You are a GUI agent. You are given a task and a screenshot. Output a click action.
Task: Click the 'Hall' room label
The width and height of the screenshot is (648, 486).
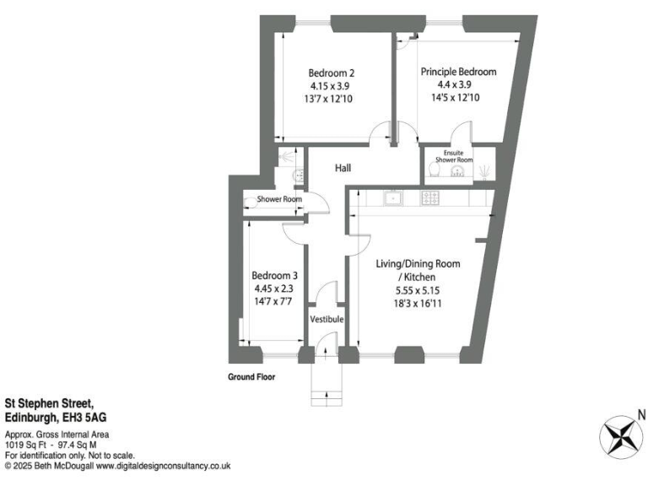[x=343, y=169]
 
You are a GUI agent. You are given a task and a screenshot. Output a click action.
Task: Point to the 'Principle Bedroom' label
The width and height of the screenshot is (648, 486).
[x=458, y=73]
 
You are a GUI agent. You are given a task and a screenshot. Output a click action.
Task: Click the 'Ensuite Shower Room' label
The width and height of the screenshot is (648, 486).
[x=453, y=156]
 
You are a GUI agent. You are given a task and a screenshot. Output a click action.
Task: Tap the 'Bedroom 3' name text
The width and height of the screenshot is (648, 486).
[x=275, y=275]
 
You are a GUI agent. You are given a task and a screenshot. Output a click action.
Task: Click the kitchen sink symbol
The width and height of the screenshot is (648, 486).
[x=392, y=199]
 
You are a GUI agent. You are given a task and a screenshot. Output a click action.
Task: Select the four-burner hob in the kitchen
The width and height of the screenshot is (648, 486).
[x=430, y=199]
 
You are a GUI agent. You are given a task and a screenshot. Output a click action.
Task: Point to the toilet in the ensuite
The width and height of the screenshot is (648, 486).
[x=435, y=171]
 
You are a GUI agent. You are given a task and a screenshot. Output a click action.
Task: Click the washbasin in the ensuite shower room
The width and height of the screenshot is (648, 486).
[x=457, y=172]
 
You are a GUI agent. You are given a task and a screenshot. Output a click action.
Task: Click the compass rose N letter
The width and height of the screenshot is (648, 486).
[x=641, y=414]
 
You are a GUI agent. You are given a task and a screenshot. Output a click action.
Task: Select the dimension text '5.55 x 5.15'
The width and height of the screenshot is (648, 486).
[x=418, y=290]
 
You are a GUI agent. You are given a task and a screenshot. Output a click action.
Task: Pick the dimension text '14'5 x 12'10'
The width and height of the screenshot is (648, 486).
[x=458, y=98]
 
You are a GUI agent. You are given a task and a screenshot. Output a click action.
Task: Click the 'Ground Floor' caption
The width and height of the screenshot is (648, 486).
[x=251, y=377]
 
